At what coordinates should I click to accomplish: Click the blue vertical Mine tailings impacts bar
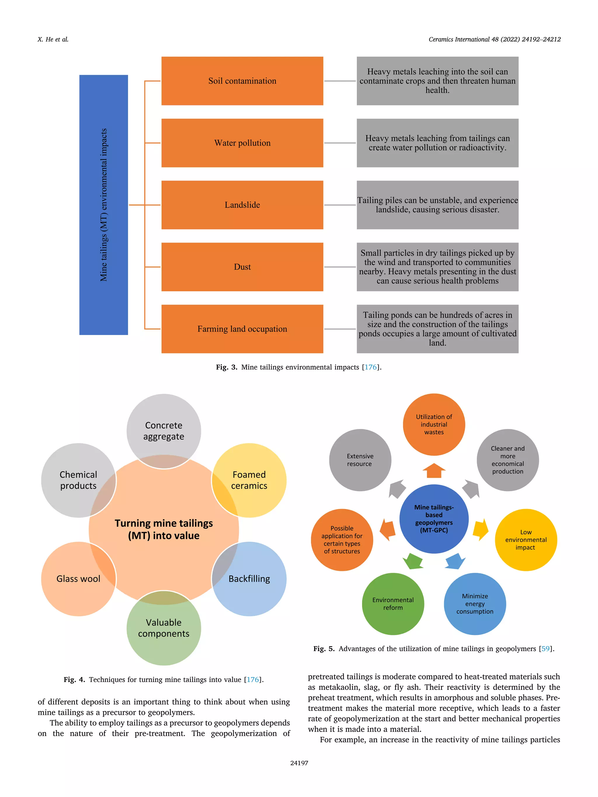(x=103, y=205)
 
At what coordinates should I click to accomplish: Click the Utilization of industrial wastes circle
(x=434, y=424)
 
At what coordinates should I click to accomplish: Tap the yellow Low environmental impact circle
(x=526, y=539)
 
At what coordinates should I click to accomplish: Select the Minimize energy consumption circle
(x=475, y=604)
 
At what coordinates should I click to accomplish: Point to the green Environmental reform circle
(x=393, y=604)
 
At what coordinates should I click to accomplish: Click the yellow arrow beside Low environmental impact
(x=481, y=530)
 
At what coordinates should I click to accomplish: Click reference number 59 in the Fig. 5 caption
(x=545, y=648)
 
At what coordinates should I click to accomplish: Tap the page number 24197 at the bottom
(x=299, y=763)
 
